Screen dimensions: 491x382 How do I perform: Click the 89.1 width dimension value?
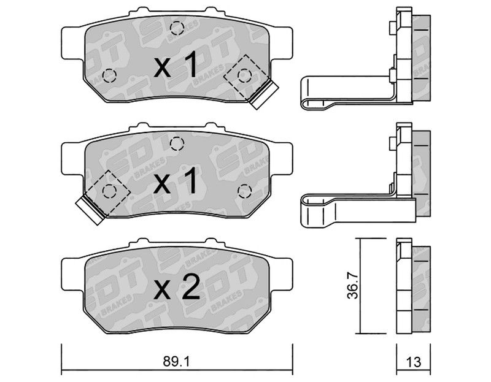point(176,362)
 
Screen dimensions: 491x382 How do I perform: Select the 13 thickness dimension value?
point(413,362)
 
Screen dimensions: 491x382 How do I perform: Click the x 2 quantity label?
point(177,286)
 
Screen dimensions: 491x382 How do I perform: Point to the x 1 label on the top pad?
point(176,65)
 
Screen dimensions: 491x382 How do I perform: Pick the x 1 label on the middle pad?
point(176,181)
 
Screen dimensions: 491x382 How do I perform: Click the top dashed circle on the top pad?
point(177,28)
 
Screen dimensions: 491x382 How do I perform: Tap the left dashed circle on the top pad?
point(109,75)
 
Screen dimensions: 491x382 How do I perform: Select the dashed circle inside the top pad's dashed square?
point(244,75)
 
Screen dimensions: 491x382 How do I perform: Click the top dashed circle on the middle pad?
point(177,143)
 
